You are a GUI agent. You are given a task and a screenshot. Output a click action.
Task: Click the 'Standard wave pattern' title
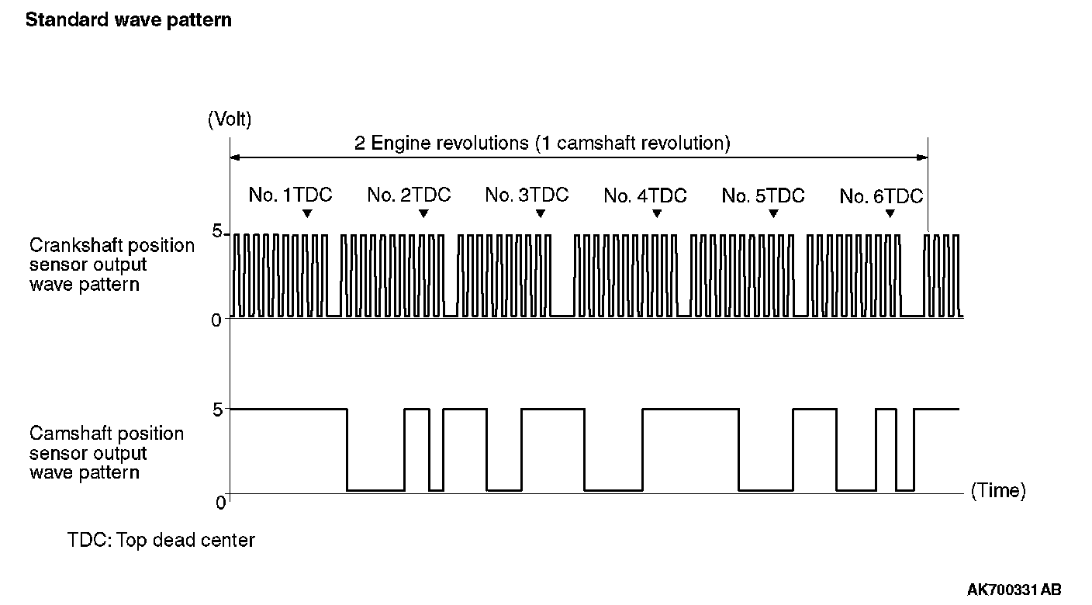pyautogui.click(x=129, y=20)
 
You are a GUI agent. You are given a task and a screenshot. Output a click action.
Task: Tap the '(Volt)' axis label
pyautogui.click(x=230, y=119)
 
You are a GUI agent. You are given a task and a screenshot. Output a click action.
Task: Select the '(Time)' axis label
pyautogui.click(x=998, y=490)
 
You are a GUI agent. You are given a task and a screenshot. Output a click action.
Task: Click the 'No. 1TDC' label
pyautogui.click(x=290, y=195)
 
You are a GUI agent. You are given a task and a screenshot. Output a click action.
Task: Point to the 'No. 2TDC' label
pyautogui.click(x=409, y=195)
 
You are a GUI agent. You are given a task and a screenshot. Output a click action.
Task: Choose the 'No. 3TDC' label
pyautogui.click(x=527, y=195)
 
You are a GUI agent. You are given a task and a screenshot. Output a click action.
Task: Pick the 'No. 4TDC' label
pyautogui.click(x=645, y=196)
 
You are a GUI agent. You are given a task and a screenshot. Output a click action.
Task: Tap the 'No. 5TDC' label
pyautogui.click(x=763, y=196)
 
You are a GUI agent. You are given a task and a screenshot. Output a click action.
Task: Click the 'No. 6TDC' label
pyautogui.click(x=881, y=196)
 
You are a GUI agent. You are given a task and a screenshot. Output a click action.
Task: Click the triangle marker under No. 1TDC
pyautogui.click(x=307, y=213)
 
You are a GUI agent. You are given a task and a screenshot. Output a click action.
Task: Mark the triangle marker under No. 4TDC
pyautogui.click(x=657, y=213)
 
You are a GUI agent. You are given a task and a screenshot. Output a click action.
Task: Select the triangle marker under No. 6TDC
pyautogui.click(x=890, y=213)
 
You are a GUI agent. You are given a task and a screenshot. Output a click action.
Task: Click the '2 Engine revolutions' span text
pyautogui.click(x=543, y=143)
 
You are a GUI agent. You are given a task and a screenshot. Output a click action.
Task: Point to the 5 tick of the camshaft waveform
pyautogui.click(x=217, y=408)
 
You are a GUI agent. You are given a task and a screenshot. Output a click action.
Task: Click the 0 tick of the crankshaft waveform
pyautogui.click(x=216, y=319)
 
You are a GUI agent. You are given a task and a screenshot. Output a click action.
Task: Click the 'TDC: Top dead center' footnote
pyautogui.click(x=161, y=540)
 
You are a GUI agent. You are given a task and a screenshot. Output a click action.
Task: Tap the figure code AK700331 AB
pyautogui.click(x=1014, y=589)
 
